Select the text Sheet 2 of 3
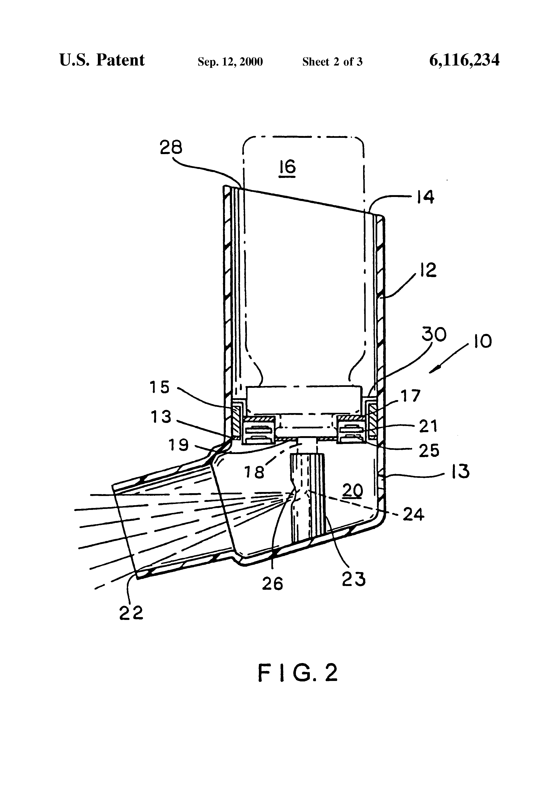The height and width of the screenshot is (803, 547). click(332, 62)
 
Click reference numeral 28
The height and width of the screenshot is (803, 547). click(171, 148)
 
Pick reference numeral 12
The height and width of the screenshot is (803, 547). click(428, 270)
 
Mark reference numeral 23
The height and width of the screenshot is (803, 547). click(353, 579)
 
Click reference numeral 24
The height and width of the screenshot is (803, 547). click(414, 515)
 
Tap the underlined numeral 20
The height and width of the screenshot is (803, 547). click(353, 490)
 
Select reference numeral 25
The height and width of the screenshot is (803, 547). click(429, 451)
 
